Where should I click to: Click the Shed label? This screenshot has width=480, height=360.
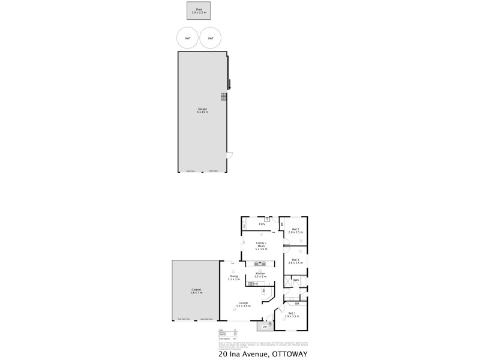click(x=199, y=10)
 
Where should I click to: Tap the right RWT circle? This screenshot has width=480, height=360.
click(x=210, y=38)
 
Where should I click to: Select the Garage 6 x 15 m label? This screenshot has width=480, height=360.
click(x=203, y=111)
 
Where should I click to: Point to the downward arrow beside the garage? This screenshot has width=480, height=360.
click(x=229, y=86)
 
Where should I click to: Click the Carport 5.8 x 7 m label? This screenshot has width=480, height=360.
click(x=196, y=291)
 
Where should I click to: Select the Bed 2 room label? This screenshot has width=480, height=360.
click(x=295, y=230)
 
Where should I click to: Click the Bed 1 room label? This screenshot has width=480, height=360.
click(x=292, y=314)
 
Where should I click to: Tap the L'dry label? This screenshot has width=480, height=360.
click(x=262, y=224)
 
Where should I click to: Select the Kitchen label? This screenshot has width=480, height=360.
click(x=260, y=275)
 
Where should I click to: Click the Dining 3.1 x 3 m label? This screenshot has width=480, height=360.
click(x=233, y=278)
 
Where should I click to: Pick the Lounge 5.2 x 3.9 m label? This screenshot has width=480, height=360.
click(x=243, y=304)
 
